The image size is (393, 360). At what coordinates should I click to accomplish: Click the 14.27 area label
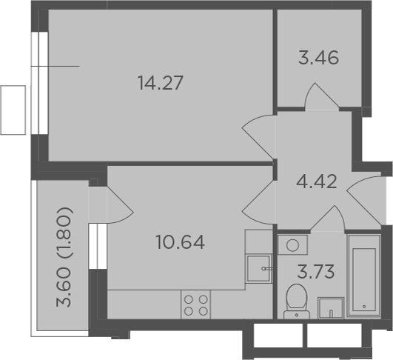tap(161, 83)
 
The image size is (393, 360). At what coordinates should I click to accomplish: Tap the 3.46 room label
tap(318, 58)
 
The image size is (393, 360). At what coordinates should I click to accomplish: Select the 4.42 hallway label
tap(317, 181)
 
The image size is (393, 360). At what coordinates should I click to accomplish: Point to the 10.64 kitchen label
tap(180, 242)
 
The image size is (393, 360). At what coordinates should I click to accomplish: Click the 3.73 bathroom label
tap(316, 271)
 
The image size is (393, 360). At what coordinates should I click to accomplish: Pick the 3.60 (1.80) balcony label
tap(64, 257)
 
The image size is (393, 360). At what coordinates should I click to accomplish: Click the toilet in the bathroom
tap(297, 301)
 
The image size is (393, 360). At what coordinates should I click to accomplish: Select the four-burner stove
tap(195, 304)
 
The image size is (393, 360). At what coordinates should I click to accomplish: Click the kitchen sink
tap(259, 268)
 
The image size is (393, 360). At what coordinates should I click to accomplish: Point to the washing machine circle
tap(292, 245)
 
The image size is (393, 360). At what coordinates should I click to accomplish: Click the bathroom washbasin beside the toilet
tap(331, 308)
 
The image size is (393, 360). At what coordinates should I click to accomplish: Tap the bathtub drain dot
tap(364, 307)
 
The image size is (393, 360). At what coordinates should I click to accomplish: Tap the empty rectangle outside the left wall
tap(13, 110)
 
